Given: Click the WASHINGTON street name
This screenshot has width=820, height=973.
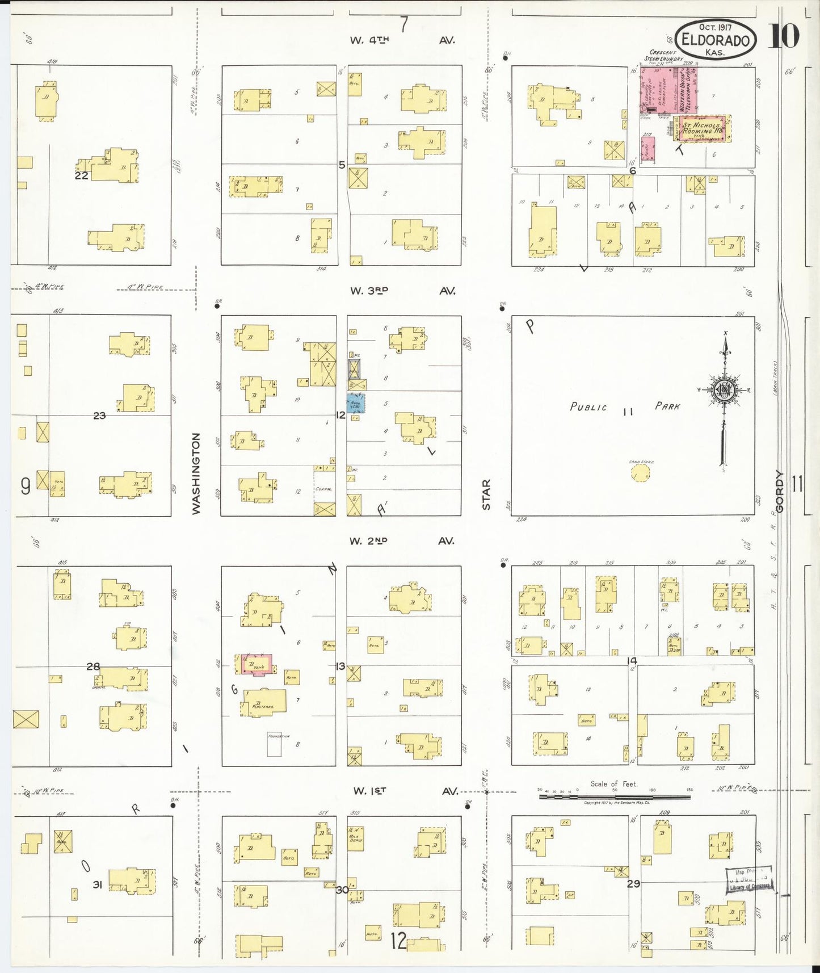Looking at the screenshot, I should click(x=196, y=473).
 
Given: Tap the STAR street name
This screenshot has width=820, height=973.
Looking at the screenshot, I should click(x=486, y=494).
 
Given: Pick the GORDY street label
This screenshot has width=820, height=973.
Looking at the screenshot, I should click(x=780, y=492).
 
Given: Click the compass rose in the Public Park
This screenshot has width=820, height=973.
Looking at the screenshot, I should click(x=725, y=390).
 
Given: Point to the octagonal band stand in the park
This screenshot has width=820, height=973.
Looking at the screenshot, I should click(x=641, y=473).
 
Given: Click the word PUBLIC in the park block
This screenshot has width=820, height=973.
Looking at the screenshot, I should click(x=588, y=407).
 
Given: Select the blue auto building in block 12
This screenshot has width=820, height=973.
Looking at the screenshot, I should click(x=356, y=403).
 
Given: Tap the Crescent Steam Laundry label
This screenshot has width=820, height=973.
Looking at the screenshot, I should click(x=663, y=56).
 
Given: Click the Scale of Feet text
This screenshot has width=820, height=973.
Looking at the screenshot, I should click(x=613, y=784).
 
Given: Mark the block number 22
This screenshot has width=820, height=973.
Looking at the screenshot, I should click(x=82, y=175).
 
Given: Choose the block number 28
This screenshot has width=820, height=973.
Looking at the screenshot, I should click(x=93, y=666).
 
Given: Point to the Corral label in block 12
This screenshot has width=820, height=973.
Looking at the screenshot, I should click(x=323, y=489).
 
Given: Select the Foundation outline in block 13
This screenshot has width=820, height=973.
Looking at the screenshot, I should click(x=274, y=744).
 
